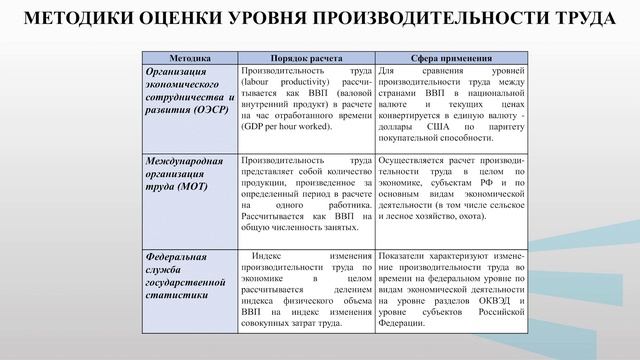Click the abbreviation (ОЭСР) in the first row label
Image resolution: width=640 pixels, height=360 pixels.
click(x=204, y=112)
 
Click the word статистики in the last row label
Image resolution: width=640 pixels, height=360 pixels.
click(x=177, y=298)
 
